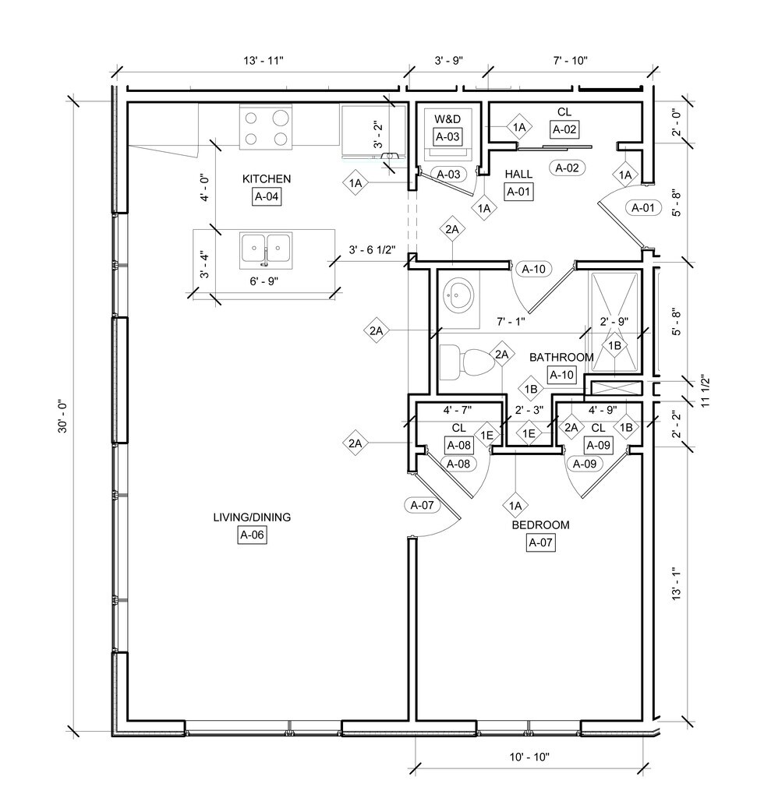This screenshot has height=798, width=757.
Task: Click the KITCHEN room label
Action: [x=267, y=179]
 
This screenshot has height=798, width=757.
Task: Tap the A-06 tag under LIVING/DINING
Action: [x=253, y=535]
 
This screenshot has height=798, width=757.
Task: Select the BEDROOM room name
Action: [x=540, y=525]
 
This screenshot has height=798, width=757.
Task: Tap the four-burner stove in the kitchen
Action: [x=266, y=129]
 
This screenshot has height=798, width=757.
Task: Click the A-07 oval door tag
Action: [x=423, y=505]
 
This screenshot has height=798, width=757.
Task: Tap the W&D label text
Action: [x=447, y=119]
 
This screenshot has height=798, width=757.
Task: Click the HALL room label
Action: [x=518, y=173]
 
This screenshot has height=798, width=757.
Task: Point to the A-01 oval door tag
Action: [x=642, y=207]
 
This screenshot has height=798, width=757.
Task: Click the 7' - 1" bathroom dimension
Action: [x=511, y=321]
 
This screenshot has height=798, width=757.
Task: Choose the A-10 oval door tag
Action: [x=533, y=270]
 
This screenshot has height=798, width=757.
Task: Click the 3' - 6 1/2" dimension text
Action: [x=372, y=250]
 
